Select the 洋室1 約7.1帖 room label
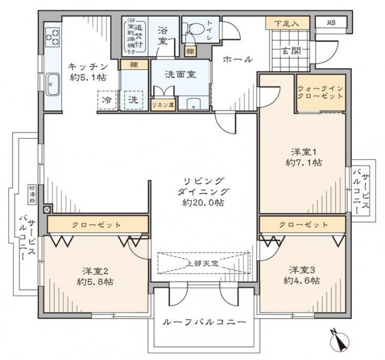(x=303, y=157)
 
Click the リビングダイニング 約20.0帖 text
(x=204, y=192)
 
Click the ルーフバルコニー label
(x=204, y=323)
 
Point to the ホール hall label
(x=237, y=59)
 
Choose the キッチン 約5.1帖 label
(x=87, y=71)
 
